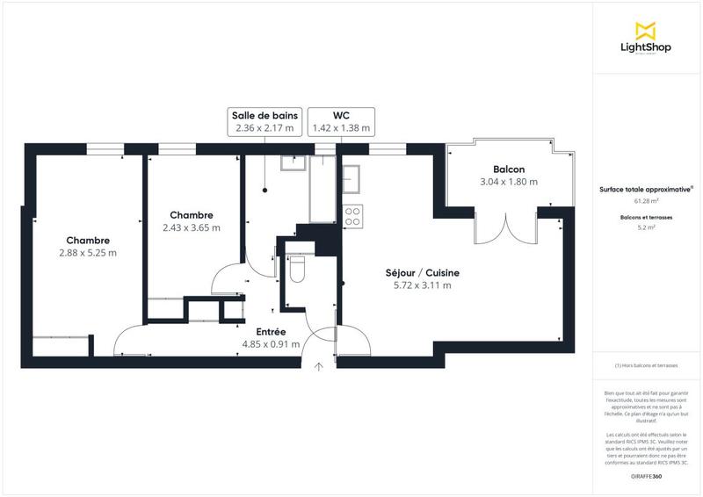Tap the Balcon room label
pos(509,169)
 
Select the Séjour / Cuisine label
pos(422,272)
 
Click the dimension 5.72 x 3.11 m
pos(422,285)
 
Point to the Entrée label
pos(271,331)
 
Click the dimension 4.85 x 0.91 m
pos(271,344)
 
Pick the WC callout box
pos(341,121)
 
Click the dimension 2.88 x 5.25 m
pos(88,253)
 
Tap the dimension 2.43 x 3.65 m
pos(192,227)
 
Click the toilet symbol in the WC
pos(297,268)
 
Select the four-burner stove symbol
pos(352,215)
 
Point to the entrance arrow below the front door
pos(319,366)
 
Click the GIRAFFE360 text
pos(646,475)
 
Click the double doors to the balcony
pos(505,228)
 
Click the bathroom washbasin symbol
pos(292,162)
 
